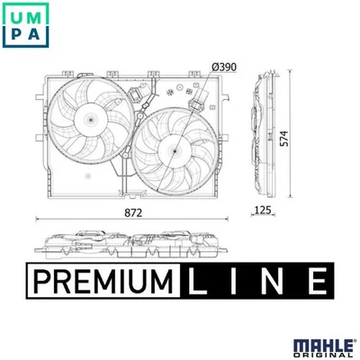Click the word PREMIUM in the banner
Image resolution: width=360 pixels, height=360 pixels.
point(99,282)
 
